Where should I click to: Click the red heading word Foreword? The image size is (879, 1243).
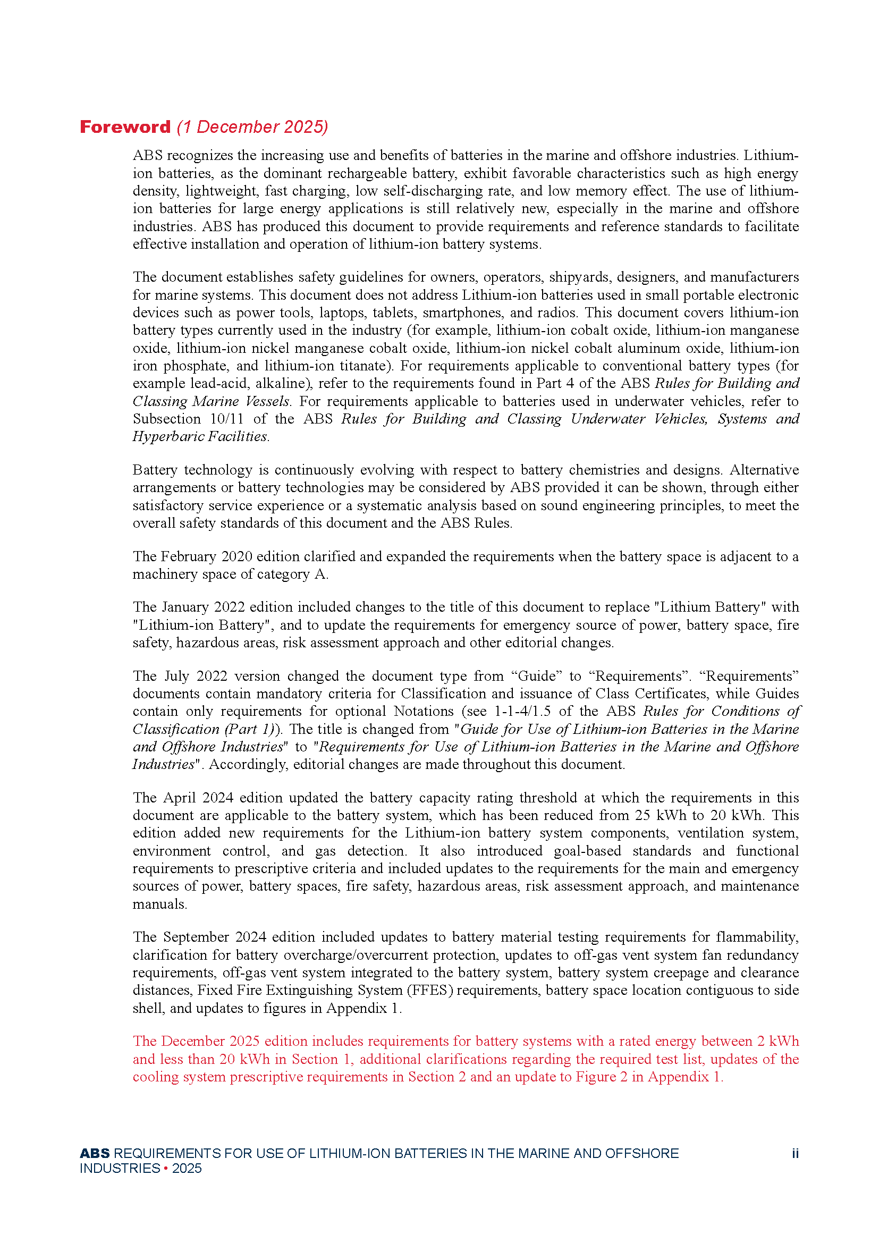[x=125, y=126]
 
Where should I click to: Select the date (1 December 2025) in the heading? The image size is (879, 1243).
[x=252, y=126]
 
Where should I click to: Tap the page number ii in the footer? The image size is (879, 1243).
[x=795, y=1153]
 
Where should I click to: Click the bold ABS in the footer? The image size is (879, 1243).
[x=95, y=1153]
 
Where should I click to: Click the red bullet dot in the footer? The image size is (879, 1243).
[x=166, y=1168]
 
